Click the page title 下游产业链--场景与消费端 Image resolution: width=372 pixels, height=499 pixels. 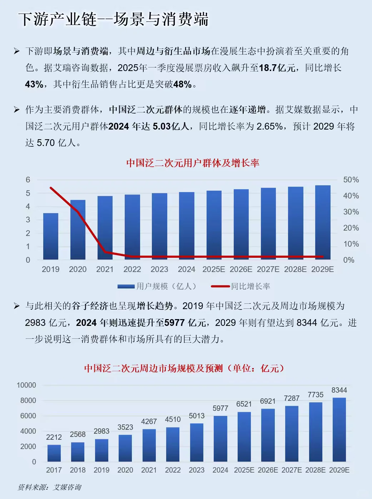113,19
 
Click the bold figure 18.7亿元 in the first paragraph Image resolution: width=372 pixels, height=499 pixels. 277,68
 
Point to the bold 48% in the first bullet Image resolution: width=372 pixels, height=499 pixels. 182,85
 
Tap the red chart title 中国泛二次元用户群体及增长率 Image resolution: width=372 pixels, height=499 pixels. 193,163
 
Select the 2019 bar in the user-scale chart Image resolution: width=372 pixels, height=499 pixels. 50,236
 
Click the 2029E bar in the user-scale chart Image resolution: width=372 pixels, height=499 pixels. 323,222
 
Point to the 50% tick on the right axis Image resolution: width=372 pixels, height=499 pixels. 351,180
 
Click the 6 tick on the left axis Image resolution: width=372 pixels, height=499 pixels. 28,180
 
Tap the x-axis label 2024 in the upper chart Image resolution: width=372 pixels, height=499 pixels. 187,269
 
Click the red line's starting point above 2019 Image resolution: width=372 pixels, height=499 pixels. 51,188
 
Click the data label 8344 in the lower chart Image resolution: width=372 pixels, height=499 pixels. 339,390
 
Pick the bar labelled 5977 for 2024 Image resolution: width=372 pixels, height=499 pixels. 220,438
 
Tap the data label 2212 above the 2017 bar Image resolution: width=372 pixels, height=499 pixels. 54,437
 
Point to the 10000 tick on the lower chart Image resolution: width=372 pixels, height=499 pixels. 26,385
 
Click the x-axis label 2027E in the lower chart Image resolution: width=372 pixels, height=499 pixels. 292,470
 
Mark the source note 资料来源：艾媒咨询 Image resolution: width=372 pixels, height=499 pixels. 49,487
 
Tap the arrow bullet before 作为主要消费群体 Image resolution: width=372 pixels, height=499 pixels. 16,110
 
